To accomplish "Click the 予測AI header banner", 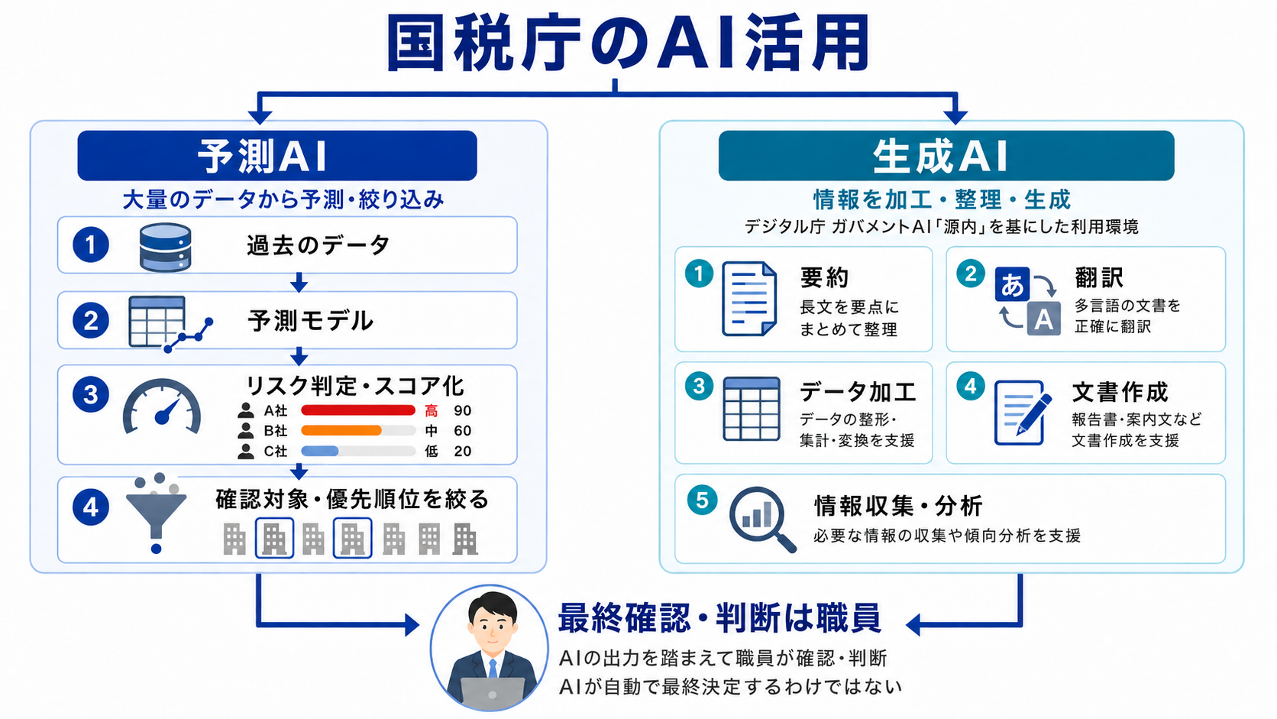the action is [277, 156].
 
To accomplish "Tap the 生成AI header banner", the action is [946, 156].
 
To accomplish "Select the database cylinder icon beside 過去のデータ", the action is [165, 247].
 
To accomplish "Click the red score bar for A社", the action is [358, 410].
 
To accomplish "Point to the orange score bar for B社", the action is [341, 430].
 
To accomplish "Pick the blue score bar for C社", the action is [320, 451].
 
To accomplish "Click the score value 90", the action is [462, 410].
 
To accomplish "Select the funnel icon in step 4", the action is [156, 513].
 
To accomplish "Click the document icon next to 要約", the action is [749, 299].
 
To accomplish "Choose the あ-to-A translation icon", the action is [1027, 300].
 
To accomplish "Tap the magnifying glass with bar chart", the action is [762, 519].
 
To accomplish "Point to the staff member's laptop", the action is [492, 693].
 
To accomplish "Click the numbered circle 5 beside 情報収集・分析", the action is [702, 500].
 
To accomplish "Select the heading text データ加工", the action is [858, 392].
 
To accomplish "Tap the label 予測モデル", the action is [311, 320].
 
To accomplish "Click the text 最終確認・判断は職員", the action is [719, 618].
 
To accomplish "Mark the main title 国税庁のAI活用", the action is [628, 43].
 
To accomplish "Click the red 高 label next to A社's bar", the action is [431, 410].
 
